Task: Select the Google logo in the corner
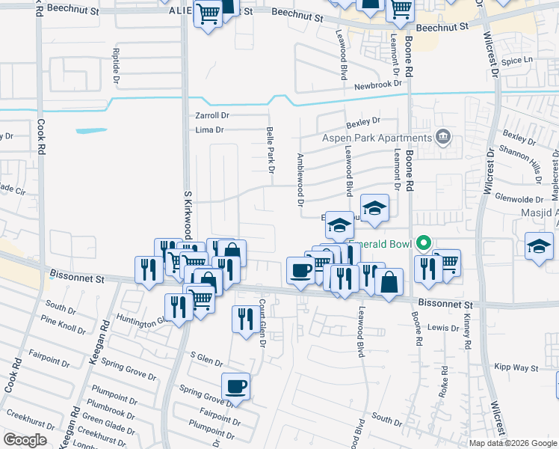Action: pyautogui.click(x=25, y=440)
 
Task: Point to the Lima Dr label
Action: pyautogui.click(x=209, y=129)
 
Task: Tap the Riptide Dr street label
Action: pyautogui.click(x=116, y=64)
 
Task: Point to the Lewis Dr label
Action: pyautogui.click(x=444, y=328)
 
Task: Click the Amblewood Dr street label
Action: pyautogui.click(x=300, y=180)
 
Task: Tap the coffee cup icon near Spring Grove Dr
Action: pyautogui.click(x=236, y=386)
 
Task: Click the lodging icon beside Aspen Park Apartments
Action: pyautogui.click(x=443, y=136)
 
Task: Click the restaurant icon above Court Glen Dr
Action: pyautogui.click(x=245, y=320)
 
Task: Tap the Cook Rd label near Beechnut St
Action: pyautogui.click(x=40, y=138)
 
